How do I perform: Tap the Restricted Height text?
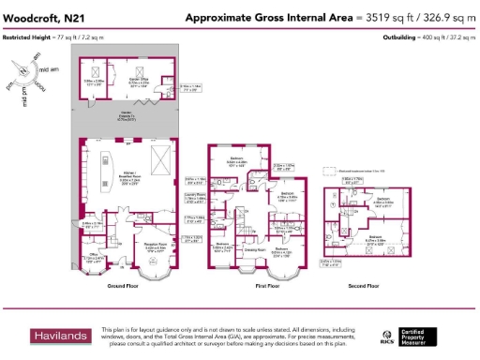[x=42, y=37]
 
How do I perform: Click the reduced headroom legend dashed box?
[x=327, y=171]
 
